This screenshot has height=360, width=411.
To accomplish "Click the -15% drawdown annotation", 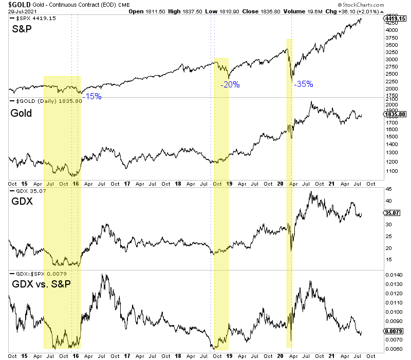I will (93, 96).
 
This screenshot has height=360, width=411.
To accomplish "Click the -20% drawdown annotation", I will (230, 85).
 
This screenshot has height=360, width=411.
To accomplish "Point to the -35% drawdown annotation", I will (304, 84).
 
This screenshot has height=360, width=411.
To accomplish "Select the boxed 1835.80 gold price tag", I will (395, 114).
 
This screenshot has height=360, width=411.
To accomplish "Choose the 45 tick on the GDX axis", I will (388, 189).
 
